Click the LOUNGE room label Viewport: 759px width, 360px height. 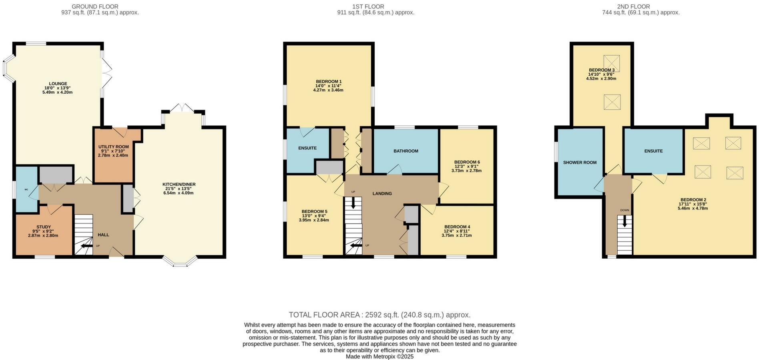point(58,84)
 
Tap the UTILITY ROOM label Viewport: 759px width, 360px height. point(113,147)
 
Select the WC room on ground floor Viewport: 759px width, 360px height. point(26,189)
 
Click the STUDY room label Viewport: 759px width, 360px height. point(43,227)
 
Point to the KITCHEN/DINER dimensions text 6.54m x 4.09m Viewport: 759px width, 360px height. point(178,193)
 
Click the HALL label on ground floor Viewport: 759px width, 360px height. point(103,235)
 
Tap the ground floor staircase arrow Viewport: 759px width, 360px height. point(85,246)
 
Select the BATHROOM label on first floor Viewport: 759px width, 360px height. point(406,151)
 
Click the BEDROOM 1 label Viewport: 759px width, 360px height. point(328,81)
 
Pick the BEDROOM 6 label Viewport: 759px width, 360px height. point(467,162)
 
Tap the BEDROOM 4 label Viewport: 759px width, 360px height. point(457,227)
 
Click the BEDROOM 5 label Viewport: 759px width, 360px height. point(314,211)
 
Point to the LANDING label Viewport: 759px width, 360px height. point(382,193)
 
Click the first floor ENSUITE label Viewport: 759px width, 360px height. point(307,148)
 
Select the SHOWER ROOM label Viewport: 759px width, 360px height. point(579,163)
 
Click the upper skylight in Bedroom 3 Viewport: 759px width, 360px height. point(611,62)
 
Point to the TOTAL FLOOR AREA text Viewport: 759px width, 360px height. point(379,315)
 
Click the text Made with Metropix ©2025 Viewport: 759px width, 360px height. point(379,356)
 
